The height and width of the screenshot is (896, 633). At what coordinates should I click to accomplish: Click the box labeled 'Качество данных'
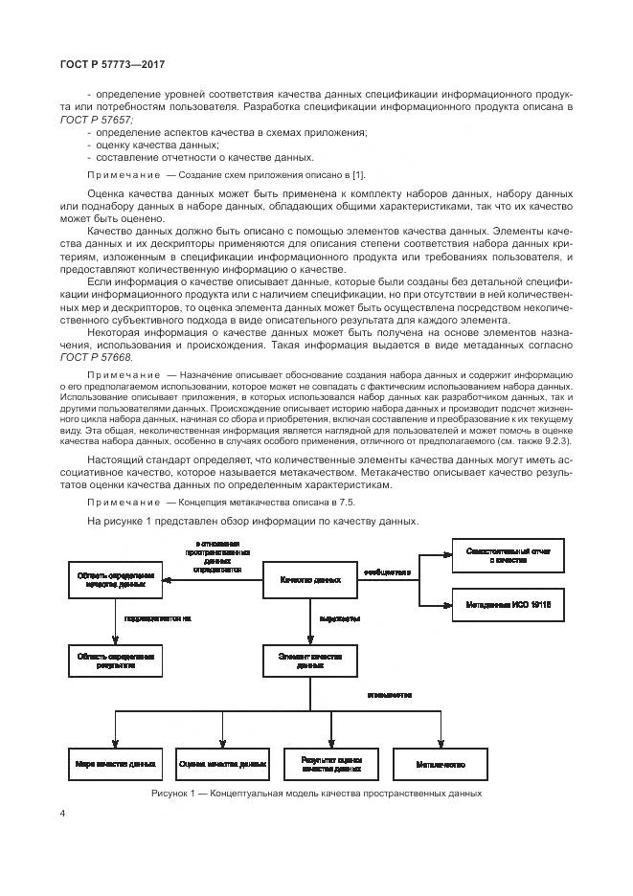[x=310, y=580]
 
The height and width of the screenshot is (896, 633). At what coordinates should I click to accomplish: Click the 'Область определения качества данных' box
[x=114, y=580]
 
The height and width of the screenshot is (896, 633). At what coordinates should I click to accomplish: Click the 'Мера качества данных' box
[x=114, y=765]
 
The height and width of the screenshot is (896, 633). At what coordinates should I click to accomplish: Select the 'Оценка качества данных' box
[x=221, y=765]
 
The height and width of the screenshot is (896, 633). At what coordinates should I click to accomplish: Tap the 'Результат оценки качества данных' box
[x=331, y=765]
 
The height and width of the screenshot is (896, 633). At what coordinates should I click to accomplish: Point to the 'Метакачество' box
[x=441, y=765]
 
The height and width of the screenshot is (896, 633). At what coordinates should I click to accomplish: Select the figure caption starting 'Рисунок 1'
[x=315, y=795]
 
